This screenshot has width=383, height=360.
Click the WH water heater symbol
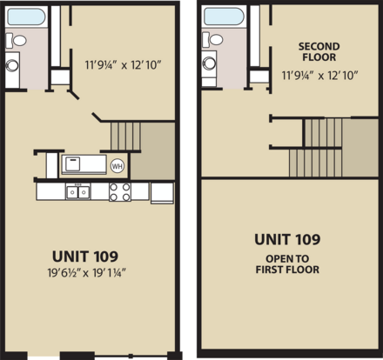click(x=118, y=166)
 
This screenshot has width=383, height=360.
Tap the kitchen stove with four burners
click(x=120, y=192)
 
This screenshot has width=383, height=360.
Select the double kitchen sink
click(x=77, y=191)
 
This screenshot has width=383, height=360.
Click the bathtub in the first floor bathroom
click(x=26, y=17)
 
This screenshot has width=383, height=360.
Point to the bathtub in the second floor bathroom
click(x=223, y=17)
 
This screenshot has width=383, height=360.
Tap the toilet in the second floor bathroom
click(x=212, y=39)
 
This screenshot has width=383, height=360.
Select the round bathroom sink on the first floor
click(x=12, y=65)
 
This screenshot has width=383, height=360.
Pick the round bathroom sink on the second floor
click(x=209, y=63)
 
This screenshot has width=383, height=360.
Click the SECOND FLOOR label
click(x=319, y=51)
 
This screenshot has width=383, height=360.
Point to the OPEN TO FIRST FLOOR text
click(x=287, y=264)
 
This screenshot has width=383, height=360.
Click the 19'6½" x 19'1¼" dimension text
click(x=86, y=273)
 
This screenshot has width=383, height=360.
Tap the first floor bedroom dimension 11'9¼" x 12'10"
click(x=123, y=65)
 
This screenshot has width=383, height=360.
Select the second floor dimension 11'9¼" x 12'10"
click(x=319, y=76)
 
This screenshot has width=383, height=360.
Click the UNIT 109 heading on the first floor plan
click(x=85, y=257)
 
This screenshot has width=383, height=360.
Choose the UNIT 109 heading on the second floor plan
click(x=287, y=239)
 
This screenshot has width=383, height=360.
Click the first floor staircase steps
click(x=125, y=137)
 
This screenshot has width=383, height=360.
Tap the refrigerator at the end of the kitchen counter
click(x=162, y=192)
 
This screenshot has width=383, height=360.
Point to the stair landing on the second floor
click(x=360, y=147)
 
